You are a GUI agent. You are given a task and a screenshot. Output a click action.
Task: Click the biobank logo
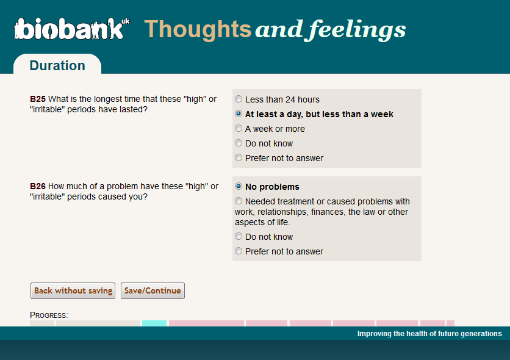click(x=71, y=29)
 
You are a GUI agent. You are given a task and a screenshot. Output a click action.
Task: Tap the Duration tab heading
click(x=57, y=65)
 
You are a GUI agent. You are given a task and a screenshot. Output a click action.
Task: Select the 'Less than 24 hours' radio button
click(x=239, y=99)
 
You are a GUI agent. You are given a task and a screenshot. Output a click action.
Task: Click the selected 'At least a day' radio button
click(x=239, y=113)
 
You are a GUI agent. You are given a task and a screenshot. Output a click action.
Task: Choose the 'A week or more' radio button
click(x=239, y=128)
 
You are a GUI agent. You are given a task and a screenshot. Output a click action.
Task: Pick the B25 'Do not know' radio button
click(x=239, y=143)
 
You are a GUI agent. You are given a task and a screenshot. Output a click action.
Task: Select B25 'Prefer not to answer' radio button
click(x=239, y=157)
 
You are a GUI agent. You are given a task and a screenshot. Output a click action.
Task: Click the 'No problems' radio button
click(x=239, y=186)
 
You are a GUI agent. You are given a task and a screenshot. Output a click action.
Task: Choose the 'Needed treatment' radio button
click(x=239, y=201)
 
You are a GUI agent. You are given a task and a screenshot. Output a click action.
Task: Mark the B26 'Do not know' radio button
click(x=239, y=236)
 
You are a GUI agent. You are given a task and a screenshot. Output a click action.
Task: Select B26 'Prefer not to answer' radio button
click(x=239, y=251)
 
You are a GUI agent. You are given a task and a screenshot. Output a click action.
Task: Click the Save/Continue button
click(x=153, y=290)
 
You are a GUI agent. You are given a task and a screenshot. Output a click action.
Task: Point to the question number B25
click(x=38, y=99)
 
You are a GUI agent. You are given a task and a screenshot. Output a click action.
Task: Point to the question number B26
click(x=38, y=186)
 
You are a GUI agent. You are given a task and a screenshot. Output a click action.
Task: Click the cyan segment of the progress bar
click(x=154, y=323)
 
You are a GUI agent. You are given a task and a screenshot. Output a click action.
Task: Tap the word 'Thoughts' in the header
click(x=198, y=30)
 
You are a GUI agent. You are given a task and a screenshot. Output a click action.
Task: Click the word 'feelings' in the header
click(x=357, y=30)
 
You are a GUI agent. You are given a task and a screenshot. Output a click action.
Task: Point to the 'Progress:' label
click(x=49, y=315)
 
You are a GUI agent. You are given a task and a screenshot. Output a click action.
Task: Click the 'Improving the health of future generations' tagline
click(x=429, y=333)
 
